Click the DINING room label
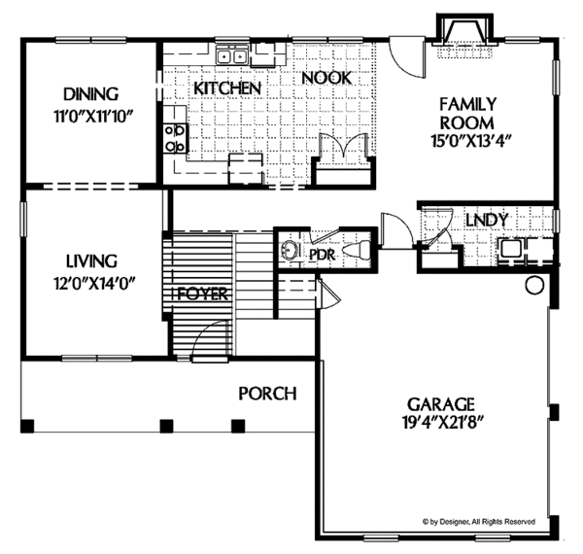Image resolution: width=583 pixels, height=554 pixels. coord(90,94)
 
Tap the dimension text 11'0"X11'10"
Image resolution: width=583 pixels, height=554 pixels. coord(90,116)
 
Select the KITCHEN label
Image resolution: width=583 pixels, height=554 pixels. coord(227,88)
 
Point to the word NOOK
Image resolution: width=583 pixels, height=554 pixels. coord(325,78)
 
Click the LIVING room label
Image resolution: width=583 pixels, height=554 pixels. coord(91,260)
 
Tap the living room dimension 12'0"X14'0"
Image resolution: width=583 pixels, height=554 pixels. coord(91,283)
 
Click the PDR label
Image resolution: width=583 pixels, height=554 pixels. coord(322,255)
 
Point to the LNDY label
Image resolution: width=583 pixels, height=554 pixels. coord(487,220)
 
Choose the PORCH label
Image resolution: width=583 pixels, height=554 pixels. coord(267,393)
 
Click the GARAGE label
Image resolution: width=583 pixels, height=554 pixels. coord(441,402)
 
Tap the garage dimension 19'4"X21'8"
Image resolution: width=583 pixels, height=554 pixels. coord(441,425)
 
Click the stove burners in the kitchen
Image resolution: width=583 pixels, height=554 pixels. coord(176,137)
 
